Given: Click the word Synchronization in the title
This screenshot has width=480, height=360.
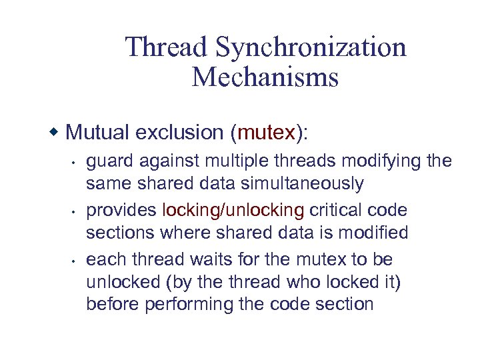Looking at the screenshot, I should pos(311,47).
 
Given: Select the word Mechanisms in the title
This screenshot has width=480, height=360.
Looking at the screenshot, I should pos(265,77).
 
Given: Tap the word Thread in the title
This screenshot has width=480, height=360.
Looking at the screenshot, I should pos(167,47).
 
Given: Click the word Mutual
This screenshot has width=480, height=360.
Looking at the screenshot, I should pos(97,133).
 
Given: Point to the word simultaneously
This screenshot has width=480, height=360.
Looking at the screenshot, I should pos(300,184).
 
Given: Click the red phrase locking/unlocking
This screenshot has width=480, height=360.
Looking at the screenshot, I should pos(233,211).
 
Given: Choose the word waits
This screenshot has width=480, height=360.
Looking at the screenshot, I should pos(202,259).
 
